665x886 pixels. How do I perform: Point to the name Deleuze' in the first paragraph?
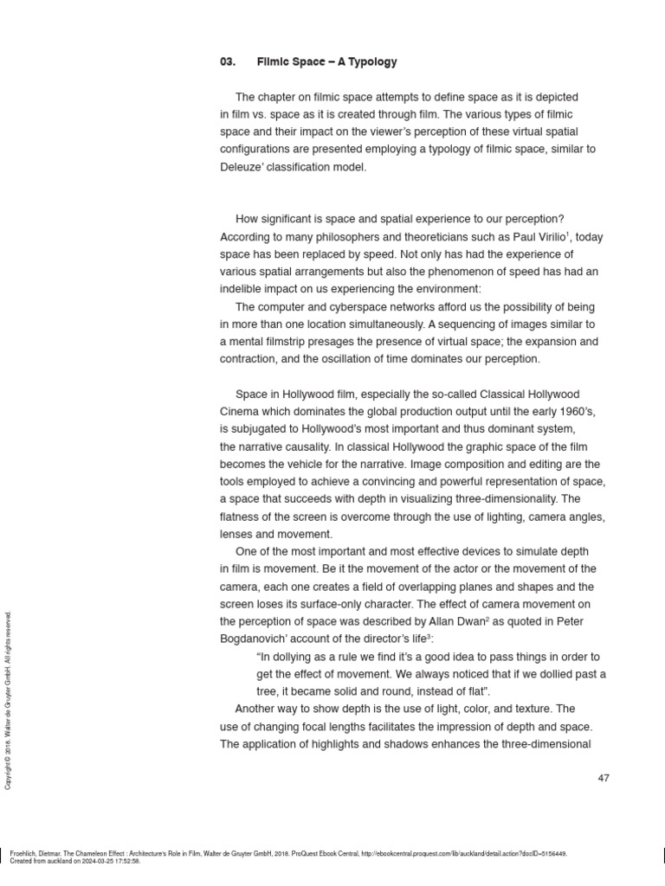[242, 167]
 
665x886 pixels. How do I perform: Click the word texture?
[529, 709]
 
